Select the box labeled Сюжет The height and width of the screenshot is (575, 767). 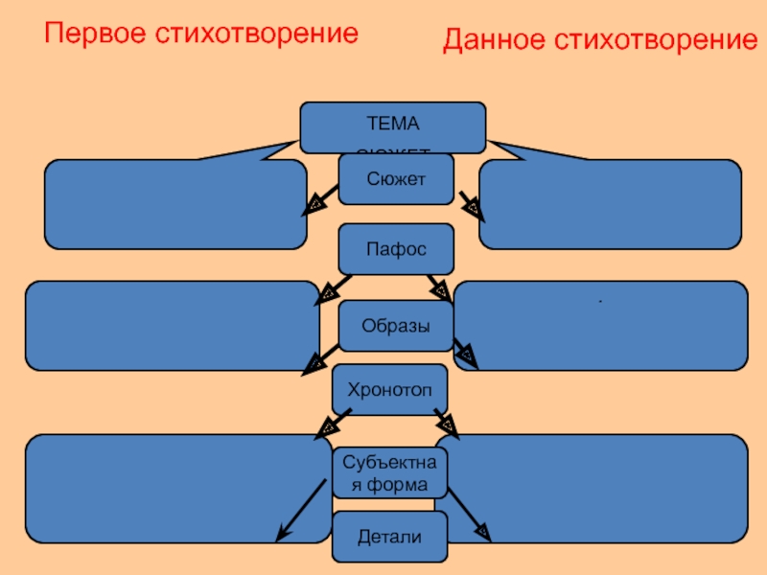tap(395, 179)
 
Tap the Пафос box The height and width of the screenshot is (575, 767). tap(395, 248)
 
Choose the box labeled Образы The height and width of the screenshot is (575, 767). tap(395, 326)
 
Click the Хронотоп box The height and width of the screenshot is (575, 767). tap(389, 389)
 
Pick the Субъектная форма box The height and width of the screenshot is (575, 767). tap(389, 472)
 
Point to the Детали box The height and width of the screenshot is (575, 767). tap(389, 536)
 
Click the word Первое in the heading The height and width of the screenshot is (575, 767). tap(91, 34)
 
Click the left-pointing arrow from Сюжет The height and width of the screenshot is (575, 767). tap(321, 199)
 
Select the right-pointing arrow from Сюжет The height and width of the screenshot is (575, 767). tap(469, 202)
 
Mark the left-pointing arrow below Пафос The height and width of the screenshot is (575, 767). tap(332, 287)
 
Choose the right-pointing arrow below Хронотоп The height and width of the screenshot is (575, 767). tap(446, 422)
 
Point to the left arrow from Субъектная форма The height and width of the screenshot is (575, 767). tap(297, 508)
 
